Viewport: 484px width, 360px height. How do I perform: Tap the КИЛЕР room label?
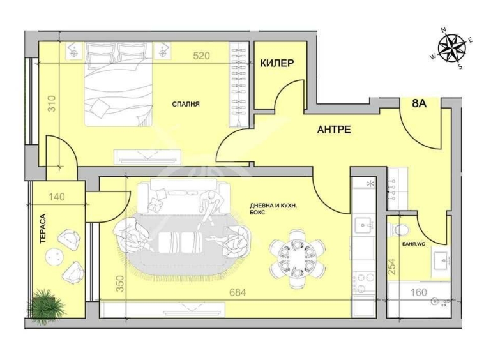click(277, 63)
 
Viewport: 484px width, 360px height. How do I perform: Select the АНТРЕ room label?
click(334, 130)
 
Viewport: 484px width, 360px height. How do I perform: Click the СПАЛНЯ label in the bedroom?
click(186, 104)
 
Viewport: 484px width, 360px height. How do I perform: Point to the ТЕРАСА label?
click(43, 229)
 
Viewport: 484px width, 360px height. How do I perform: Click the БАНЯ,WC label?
click(414, 244)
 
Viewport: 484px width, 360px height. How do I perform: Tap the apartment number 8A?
click(419, 103)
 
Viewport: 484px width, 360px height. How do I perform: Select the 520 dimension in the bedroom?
click(201, 56)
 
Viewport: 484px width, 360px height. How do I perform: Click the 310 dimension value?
click(52, 103)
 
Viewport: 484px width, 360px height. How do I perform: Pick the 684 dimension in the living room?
click(238, 292)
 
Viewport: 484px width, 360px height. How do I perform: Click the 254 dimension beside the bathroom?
click(392, 267)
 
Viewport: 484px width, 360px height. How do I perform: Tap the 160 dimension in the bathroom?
click(419, 292)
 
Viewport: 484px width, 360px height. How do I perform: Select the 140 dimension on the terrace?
click(56, 197)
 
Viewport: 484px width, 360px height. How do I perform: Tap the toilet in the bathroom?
click(400, 229)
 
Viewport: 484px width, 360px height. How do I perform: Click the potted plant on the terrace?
click(47, 305)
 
